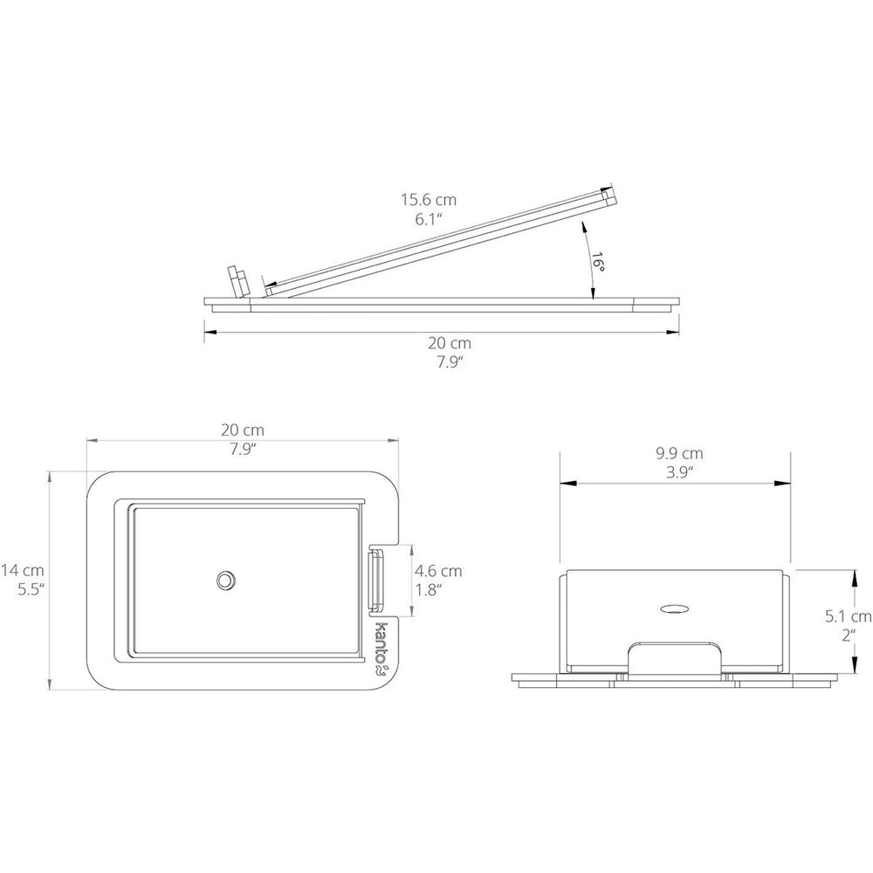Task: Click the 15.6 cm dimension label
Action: point(429,199)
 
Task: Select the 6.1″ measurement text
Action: point(429,219)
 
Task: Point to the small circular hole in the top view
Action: point(225,581)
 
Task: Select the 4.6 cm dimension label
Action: point(438,571)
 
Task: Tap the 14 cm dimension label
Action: point(23,570)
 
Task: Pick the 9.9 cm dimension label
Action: point(679,454)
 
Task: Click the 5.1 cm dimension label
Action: point(848,616)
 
